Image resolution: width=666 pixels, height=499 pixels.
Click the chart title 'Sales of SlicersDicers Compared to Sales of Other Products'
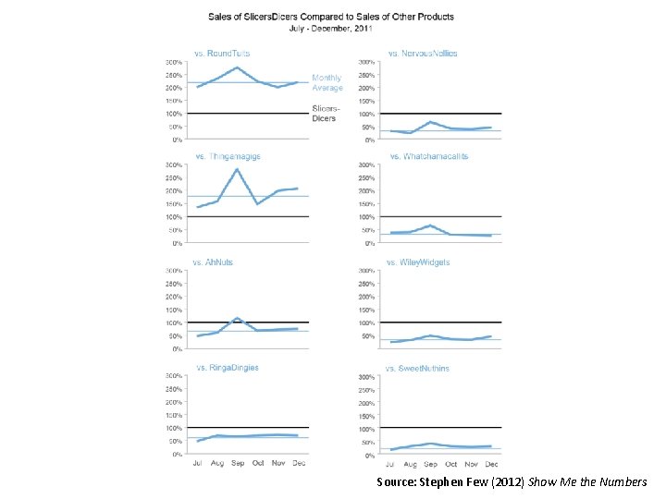(x=331, y=18)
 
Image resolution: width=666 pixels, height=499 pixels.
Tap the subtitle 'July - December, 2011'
(x=331, y=29)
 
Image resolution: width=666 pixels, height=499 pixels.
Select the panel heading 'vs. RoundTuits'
(x=221, y=54)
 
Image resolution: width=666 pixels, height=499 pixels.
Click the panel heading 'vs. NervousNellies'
(x=423, y=54)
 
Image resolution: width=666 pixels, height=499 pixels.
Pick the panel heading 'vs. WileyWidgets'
(x=419, y=262)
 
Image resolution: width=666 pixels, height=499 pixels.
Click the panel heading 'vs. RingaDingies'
(x=227, y=368)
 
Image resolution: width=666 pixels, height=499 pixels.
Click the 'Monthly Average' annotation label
(x=327, y=83)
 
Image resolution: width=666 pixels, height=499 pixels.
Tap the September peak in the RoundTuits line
(x=238, y=67)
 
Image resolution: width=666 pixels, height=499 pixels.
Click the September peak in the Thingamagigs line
(x=238, y=169)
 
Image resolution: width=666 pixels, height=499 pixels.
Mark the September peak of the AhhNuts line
(x=238, y=319)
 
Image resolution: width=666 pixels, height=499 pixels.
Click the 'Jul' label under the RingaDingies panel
(x=197, y=462)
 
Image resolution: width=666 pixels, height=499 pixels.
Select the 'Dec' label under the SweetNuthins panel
(x=491, y=463)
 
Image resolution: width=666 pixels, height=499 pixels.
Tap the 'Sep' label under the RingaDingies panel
(x=238, y=462)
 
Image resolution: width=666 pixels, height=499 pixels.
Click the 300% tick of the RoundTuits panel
(x=174, y=62)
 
